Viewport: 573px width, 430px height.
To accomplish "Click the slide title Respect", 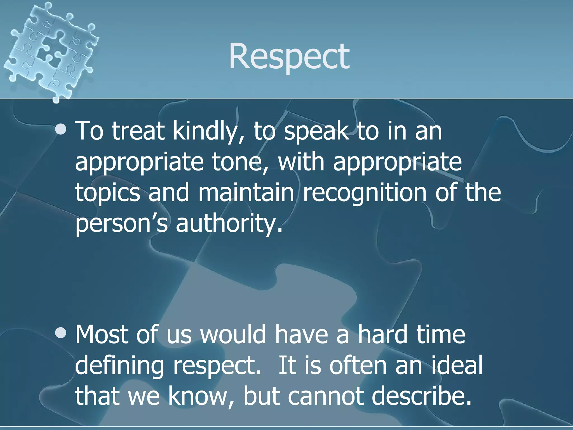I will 289,57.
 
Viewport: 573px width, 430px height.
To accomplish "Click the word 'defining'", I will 119,366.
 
